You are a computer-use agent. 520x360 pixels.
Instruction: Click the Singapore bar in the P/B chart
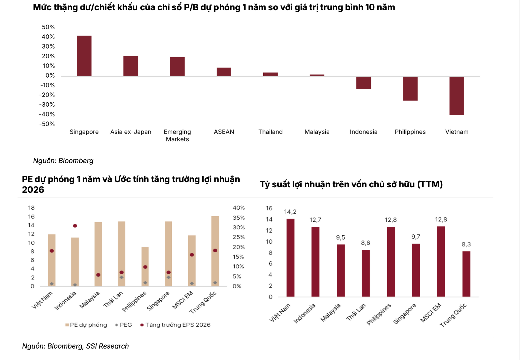[x=84, y=56]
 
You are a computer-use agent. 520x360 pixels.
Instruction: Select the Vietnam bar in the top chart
[x=457, y=96]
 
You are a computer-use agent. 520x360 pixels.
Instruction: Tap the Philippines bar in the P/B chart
[x=410, y=89]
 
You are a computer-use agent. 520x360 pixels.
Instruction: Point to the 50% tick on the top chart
[x=48, y=27]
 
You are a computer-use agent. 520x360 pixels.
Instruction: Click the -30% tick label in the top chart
[x=47, y=105]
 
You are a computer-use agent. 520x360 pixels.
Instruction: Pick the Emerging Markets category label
[x=177, y=135]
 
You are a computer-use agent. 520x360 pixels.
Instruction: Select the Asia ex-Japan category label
[x=131, y=132]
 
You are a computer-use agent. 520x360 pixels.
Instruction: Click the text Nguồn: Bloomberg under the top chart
[x=63, y=161]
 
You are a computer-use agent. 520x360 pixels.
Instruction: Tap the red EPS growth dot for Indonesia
[x=75, y=226]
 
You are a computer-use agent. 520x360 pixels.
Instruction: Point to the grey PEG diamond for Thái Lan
[x=122, y=277]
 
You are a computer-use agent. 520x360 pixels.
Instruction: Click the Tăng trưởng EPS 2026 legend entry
[x=175, y=325]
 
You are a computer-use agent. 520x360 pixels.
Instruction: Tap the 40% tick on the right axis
[x=239, y=208]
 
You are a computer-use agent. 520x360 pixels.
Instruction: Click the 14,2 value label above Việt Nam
[x=290, y=212]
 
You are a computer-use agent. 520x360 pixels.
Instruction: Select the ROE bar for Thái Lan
[x=366, y=273]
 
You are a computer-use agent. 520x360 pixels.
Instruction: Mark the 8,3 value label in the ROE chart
[x=466, y=245]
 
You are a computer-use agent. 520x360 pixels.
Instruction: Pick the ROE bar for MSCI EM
[x=441, y=261]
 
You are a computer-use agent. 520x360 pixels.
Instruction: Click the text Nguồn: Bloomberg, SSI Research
[x=75, y=346]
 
